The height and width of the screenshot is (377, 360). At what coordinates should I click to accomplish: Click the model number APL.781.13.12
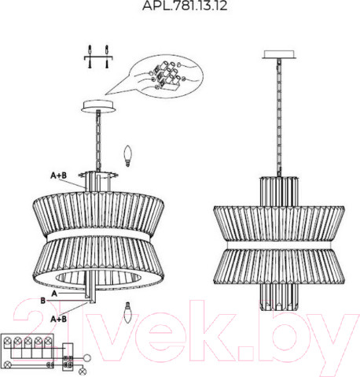pyautogui.click(x=185, y=6)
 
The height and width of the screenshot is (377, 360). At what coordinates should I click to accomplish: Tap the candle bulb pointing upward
pyautogui.click(x=127, y=156)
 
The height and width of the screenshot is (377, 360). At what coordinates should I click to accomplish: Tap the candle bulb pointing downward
pyautogui.click(x=127, y=312)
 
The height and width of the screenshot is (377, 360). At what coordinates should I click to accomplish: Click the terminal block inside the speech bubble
pyautogui.click(x=166, y=76)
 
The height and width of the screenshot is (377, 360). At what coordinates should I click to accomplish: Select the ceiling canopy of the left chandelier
pyautogui.click(x=98, y=106)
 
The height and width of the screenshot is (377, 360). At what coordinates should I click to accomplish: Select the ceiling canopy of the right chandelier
pyautogui.click(x=279, y=54)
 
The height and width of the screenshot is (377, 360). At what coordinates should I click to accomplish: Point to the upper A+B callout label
pyautogui.click(x=58, y=176)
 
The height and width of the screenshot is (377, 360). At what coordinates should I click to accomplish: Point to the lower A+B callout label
pyautogui.click(x=58, y=320)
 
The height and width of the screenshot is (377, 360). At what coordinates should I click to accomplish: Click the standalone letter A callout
pyautogui.click(x=54, y=294)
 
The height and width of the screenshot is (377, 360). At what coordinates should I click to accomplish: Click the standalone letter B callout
pyautogui.click(x=43, y=301)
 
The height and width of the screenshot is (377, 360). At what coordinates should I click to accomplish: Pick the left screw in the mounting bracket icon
pyautogui.click(x=90, y=57)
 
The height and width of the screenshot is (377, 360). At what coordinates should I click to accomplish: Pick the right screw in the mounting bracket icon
pyautogui.click(x=107, y=57)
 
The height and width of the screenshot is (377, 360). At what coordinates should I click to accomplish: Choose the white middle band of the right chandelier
pyautogui.click(x=279, y=246)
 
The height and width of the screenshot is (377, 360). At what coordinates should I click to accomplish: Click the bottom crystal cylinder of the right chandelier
pyautogui.click(x=279, y=297)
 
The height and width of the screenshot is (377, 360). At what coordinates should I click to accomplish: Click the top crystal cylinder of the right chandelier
pyautogui.click(x=279, y=191)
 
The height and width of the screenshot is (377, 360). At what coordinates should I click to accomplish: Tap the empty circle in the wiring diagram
pyautogui.click(x=87, y=357)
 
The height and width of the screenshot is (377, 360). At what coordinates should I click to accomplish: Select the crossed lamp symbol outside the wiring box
pyautogui.click(x=83, y=371)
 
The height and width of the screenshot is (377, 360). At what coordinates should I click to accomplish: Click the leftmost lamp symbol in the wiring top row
pyautogui.click(x=8, y=341)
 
